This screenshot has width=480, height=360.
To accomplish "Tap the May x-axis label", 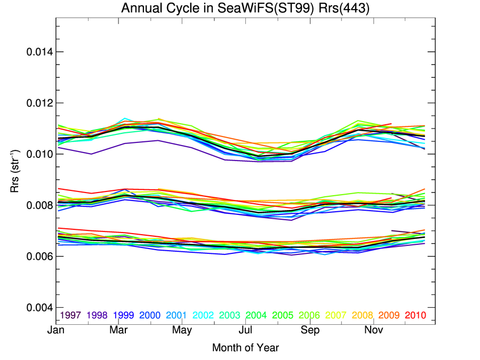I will tap(182, 331).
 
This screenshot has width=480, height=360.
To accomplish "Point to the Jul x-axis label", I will tap(246, 331).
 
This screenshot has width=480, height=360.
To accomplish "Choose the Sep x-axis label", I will tap(310, 331).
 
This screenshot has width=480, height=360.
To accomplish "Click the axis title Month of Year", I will tap(245, 348).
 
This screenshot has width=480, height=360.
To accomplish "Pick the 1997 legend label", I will tap(70, 315).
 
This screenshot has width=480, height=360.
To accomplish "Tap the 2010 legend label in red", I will tap(415, 315).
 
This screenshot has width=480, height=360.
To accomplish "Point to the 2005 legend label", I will tap(283, 315).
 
